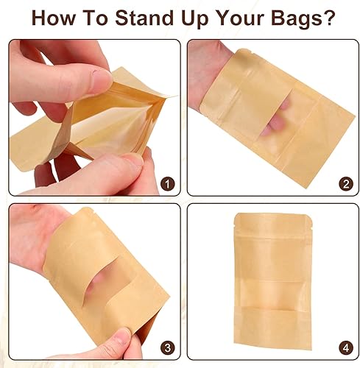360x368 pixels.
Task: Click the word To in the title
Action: (x=102, y=17)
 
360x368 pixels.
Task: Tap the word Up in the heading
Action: (x=197, y=17)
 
